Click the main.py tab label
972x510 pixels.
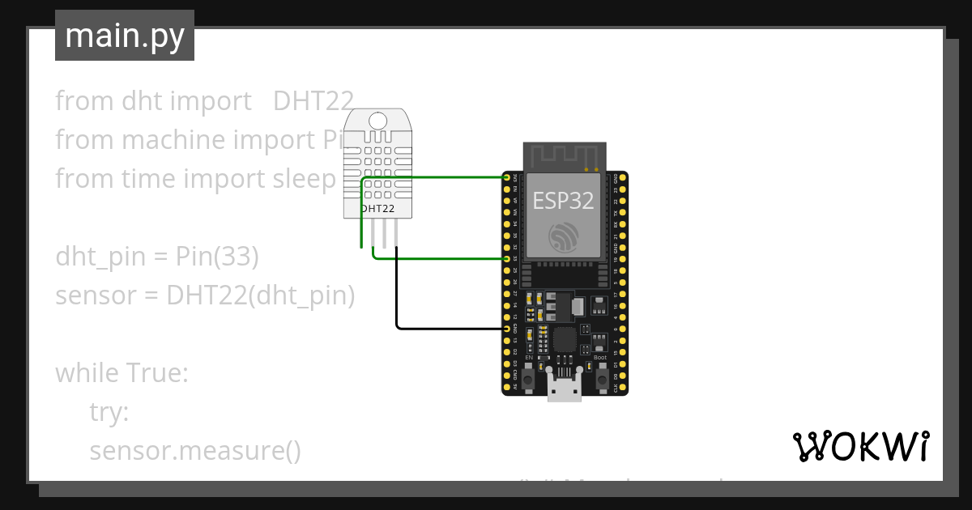124,36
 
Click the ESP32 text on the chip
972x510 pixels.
563,201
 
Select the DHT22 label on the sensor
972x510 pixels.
377,208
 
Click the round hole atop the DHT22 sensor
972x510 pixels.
377,121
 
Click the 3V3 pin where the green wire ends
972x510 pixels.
507,177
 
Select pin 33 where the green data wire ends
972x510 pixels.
507,258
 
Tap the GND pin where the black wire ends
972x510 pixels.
507,329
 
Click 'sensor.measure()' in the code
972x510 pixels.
195,451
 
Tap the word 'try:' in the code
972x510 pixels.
109,412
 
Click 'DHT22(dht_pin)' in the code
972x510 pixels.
261,295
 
